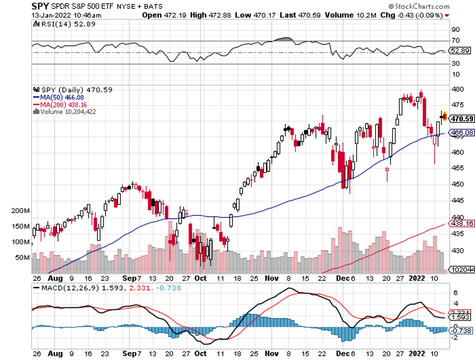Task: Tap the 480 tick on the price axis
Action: (457, 89)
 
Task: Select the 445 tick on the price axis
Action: (457, 201)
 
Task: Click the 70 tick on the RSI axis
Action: (456, 41)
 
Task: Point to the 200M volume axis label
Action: (20, 210)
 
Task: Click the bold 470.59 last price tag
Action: (462, 119)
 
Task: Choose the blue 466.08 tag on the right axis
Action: (462, 132)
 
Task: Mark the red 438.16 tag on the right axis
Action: (462, 223)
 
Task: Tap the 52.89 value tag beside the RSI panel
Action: (461, 51)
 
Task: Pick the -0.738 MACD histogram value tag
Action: (462, 330)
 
